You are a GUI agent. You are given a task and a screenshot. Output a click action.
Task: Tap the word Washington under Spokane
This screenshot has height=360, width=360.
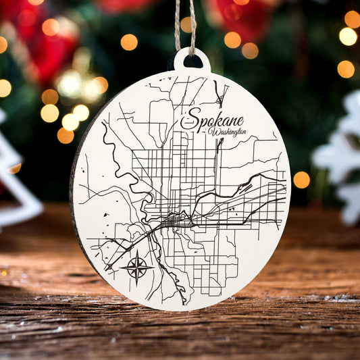coord(227,132)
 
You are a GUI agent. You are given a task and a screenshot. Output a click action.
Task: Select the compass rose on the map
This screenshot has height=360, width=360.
coord(137,266)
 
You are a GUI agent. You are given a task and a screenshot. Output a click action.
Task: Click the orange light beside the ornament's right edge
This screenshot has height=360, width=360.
coord(301,180)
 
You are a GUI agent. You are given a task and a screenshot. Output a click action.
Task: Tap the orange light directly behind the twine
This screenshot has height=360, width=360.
coord(186,24)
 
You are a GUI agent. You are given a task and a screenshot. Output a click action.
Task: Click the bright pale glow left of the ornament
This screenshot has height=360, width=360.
coord(70,84)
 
